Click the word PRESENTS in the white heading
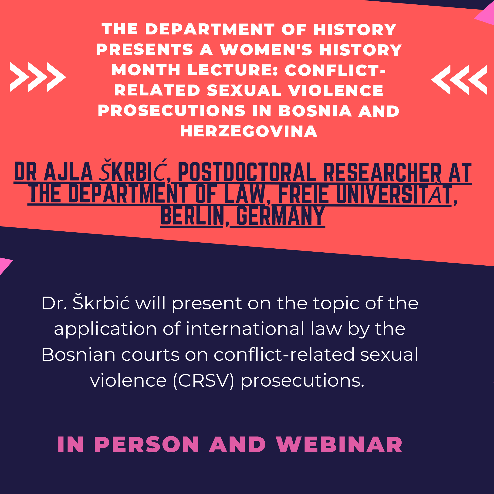[x=145, y=49]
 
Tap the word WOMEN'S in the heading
[x=266, y=49]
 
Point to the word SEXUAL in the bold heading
[x=244, y=90]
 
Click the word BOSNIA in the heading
[x=315, y=111]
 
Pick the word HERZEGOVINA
[x=249, y=132]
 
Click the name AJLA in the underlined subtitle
[x=68, y=171]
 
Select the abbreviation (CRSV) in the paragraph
[x=203, y=380]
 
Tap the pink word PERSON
[x=146, y=445]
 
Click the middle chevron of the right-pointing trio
[x=38, y=77]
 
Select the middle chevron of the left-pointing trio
[x=459, y=80]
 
